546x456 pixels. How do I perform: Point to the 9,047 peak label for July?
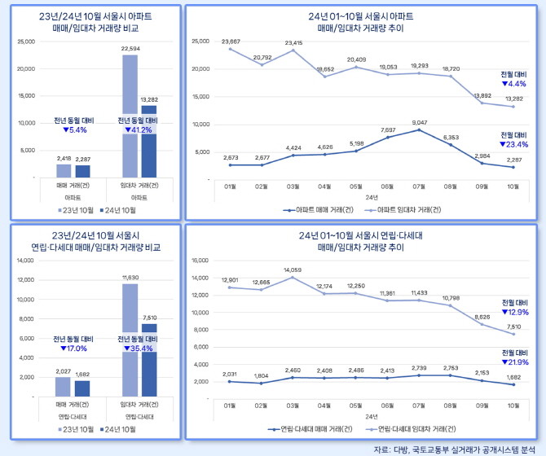[x=418, y=123]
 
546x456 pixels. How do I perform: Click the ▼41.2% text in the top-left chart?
[x=139, y=129]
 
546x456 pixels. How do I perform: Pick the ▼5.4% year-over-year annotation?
[x=74, y=129]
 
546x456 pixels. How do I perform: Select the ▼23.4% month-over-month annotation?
[x=514, y=144]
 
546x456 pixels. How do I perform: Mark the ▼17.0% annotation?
[x=75, y=349]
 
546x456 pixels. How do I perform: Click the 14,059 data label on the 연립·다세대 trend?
[x=291, y=270]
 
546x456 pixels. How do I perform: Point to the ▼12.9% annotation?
[x=514, y=312]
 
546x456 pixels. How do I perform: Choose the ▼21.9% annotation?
[x=514, y=362]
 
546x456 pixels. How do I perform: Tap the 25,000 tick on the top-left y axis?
[x=25, y=41]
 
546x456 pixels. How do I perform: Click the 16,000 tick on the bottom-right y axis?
[x=199, y=261]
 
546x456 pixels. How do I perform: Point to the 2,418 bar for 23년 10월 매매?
[x=64, y=170]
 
